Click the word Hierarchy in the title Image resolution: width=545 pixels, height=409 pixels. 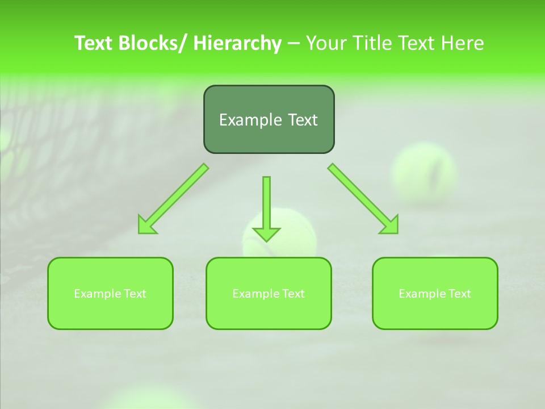coord(237,43)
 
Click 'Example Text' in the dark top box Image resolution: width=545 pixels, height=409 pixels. coord(269,120)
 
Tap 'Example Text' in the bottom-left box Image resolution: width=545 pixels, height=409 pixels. coord(110,294)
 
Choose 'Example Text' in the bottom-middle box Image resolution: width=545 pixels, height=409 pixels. coord(269,294)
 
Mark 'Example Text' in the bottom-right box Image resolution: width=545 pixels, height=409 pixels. coord(435,294)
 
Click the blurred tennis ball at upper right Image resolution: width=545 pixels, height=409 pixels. coord(424,173)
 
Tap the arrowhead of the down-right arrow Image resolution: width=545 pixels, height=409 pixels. coord(391,226)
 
